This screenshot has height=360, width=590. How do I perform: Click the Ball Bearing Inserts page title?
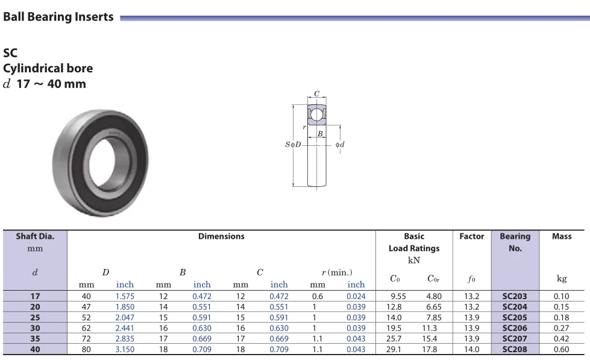click(58, 17)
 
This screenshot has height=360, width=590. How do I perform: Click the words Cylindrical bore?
click(48, 68)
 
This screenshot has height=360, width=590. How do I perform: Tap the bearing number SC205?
click(515, 317)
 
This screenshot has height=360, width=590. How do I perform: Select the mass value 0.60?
click(562, 349)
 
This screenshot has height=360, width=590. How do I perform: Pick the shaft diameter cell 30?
click(35, 328)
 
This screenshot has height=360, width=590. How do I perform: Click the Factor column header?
click(471, 236)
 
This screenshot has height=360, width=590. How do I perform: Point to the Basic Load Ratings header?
click(413, 242)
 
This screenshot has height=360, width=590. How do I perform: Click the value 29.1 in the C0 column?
click(395, 349)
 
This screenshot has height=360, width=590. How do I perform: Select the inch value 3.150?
click(125, 349)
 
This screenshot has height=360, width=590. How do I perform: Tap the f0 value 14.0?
click(471, 349)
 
